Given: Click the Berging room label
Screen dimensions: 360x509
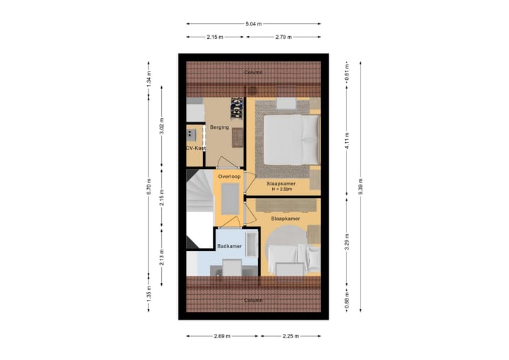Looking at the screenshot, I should coord(219,127).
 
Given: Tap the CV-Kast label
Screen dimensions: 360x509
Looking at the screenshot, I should coord(196,149).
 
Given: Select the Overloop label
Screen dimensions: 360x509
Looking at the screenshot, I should coord(229,176).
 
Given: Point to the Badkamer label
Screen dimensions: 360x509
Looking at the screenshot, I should coord(230,246).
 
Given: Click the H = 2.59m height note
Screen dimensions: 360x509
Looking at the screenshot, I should coord(281,190).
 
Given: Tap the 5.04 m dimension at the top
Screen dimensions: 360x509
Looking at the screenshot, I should coord(253,24).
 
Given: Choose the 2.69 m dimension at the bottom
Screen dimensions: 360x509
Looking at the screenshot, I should coord(222,337).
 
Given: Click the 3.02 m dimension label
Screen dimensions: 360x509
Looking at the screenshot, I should coord(162,129).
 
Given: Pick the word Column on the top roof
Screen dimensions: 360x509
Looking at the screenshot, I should coord(253,73).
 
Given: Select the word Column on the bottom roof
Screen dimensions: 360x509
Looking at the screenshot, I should coord(253,300).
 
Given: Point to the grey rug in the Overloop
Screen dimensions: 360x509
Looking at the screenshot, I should coord(230,197).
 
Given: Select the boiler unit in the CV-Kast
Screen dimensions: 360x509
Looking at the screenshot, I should coord(191,134).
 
